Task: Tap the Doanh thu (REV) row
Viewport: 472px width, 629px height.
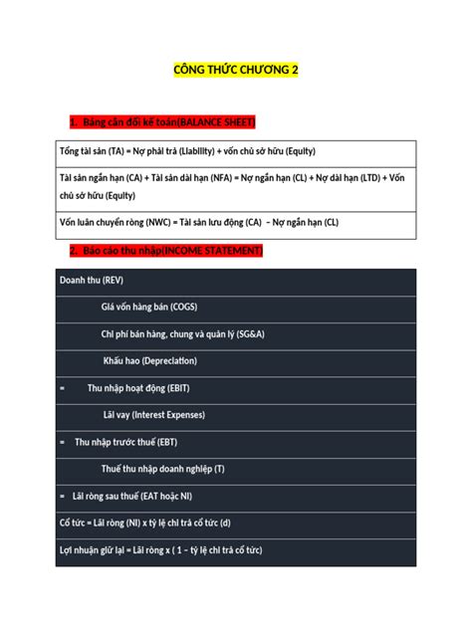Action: pos(91,280)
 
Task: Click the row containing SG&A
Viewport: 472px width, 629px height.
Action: pos(181,333)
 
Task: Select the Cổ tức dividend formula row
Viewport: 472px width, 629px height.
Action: pos(144,522)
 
